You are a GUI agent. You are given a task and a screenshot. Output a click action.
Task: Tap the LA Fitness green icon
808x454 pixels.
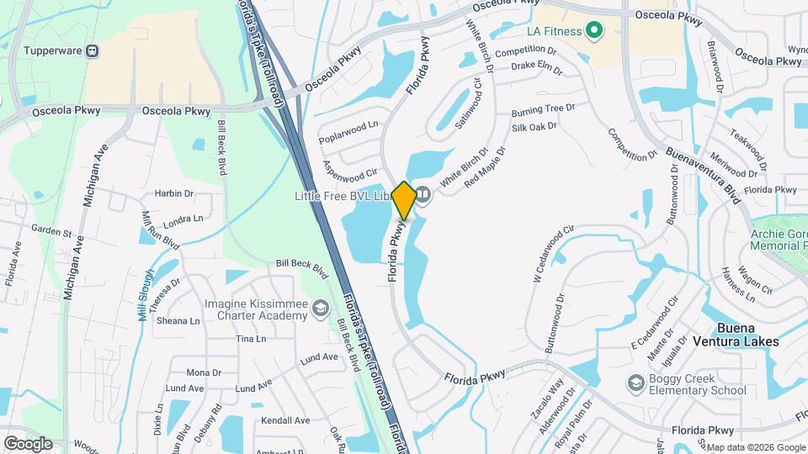(595, 32)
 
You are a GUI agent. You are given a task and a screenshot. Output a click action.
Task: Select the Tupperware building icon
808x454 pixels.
(93, 50)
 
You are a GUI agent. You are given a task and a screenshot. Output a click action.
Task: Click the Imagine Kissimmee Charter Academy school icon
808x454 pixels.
(320, 309)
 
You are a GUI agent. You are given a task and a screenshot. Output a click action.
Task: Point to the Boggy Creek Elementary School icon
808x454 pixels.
(636, 384)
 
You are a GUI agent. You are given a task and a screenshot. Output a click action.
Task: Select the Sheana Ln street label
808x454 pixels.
(178, 320)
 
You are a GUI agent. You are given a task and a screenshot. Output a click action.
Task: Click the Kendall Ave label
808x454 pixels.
(285, 420)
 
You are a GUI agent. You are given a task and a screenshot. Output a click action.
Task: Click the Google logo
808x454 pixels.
(28, 444)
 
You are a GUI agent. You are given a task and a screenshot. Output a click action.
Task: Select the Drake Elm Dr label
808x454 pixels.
(536, 66)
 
